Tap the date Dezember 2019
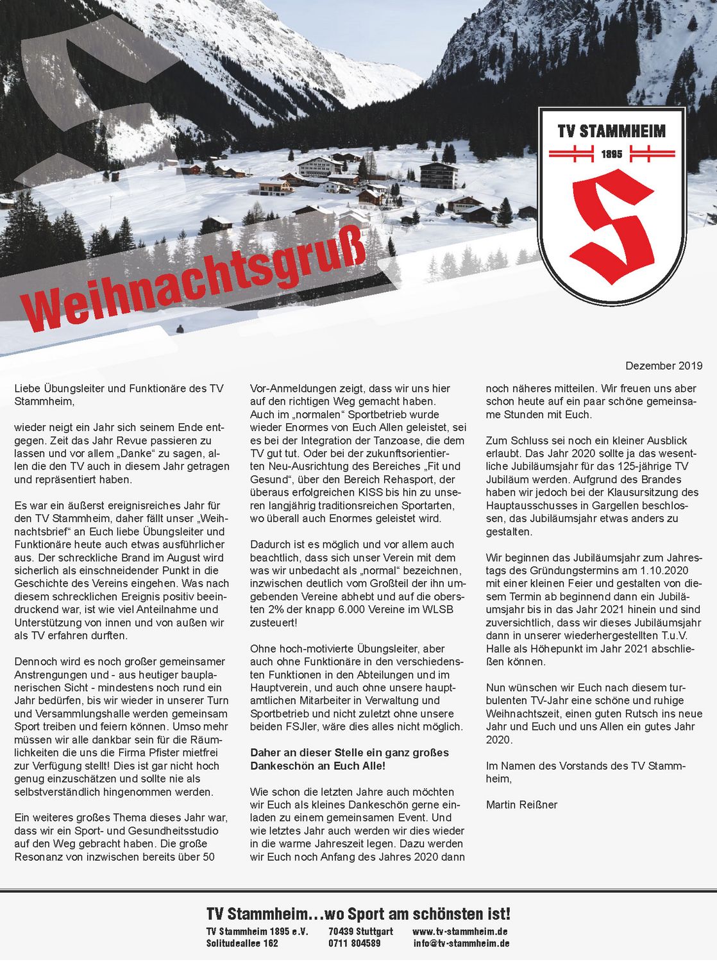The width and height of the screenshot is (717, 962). point(664,366)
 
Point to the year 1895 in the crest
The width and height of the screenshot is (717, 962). point(611,155)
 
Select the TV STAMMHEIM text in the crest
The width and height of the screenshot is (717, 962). point(611,131)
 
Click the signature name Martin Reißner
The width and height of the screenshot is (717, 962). point(521,804)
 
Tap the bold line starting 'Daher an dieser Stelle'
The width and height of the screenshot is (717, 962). point(350,753)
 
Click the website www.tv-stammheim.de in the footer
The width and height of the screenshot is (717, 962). point(460,931)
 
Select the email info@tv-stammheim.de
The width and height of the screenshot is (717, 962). point(461,943)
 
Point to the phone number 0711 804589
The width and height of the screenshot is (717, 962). point(354,943)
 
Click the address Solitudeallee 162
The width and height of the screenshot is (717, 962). point(242,943)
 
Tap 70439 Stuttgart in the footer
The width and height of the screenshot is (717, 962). point(360,931)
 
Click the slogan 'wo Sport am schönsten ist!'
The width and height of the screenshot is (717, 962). point(417,914)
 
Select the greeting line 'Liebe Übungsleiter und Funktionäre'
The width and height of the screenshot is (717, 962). point(119,389)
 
